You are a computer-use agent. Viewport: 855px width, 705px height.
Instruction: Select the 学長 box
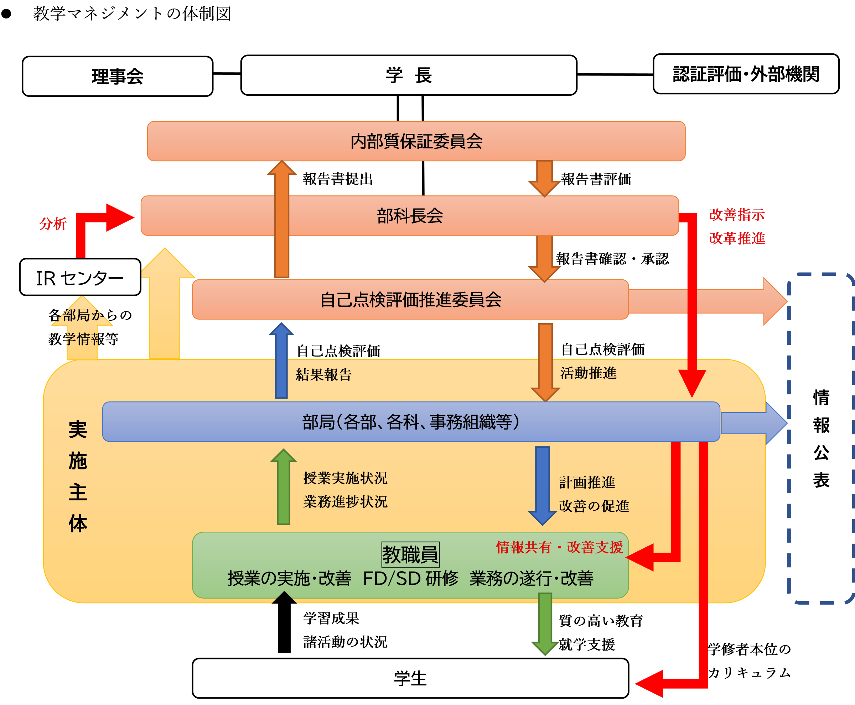(409, 75)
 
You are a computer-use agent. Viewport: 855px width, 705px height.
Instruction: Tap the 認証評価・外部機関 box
(746, 74)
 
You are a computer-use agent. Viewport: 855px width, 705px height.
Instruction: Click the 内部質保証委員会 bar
(416, 141)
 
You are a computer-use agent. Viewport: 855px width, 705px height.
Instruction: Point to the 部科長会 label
(410, 216)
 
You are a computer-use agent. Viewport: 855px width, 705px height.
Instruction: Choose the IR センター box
(80, 277)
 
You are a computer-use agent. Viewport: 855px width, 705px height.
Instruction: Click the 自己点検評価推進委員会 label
(411, 300)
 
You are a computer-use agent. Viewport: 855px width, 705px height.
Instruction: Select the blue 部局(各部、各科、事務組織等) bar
(411, 421)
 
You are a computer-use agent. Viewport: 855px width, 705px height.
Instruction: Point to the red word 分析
(53, 224)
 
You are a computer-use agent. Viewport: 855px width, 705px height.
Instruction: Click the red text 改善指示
(737, 215)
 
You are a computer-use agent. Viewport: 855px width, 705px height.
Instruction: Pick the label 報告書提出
(338, 179)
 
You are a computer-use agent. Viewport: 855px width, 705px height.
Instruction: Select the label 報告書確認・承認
(612, 259)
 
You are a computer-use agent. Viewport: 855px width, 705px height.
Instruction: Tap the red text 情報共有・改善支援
(559, 547)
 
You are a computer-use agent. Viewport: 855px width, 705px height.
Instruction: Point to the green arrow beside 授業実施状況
(283, 486)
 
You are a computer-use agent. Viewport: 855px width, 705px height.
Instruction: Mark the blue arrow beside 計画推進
(542, 486)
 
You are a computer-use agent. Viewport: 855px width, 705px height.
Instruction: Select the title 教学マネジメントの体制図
(132, 14)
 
